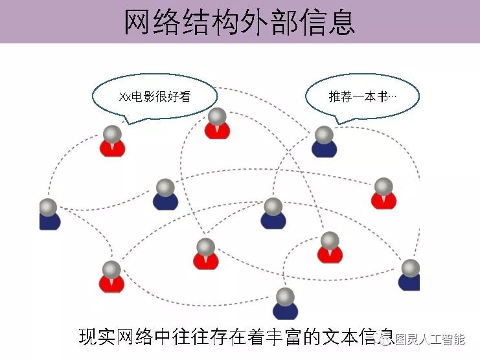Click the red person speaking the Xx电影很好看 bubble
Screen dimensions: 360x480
[112, 142]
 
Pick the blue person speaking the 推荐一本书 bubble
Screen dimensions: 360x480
[324, 143]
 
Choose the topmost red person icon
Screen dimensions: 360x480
[217, 124]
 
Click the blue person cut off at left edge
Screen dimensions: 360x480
[49, 216]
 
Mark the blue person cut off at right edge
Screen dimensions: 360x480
[410, 275]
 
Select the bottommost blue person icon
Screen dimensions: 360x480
[285, 305]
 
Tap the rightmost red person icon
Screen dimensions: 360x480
[383, 194]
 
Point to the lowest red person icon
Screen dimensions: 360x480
[111, 278]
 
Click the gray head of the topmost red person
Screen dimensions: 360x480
[217, 117]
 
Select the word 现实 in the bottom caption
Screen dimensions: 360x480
[94, 337]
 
